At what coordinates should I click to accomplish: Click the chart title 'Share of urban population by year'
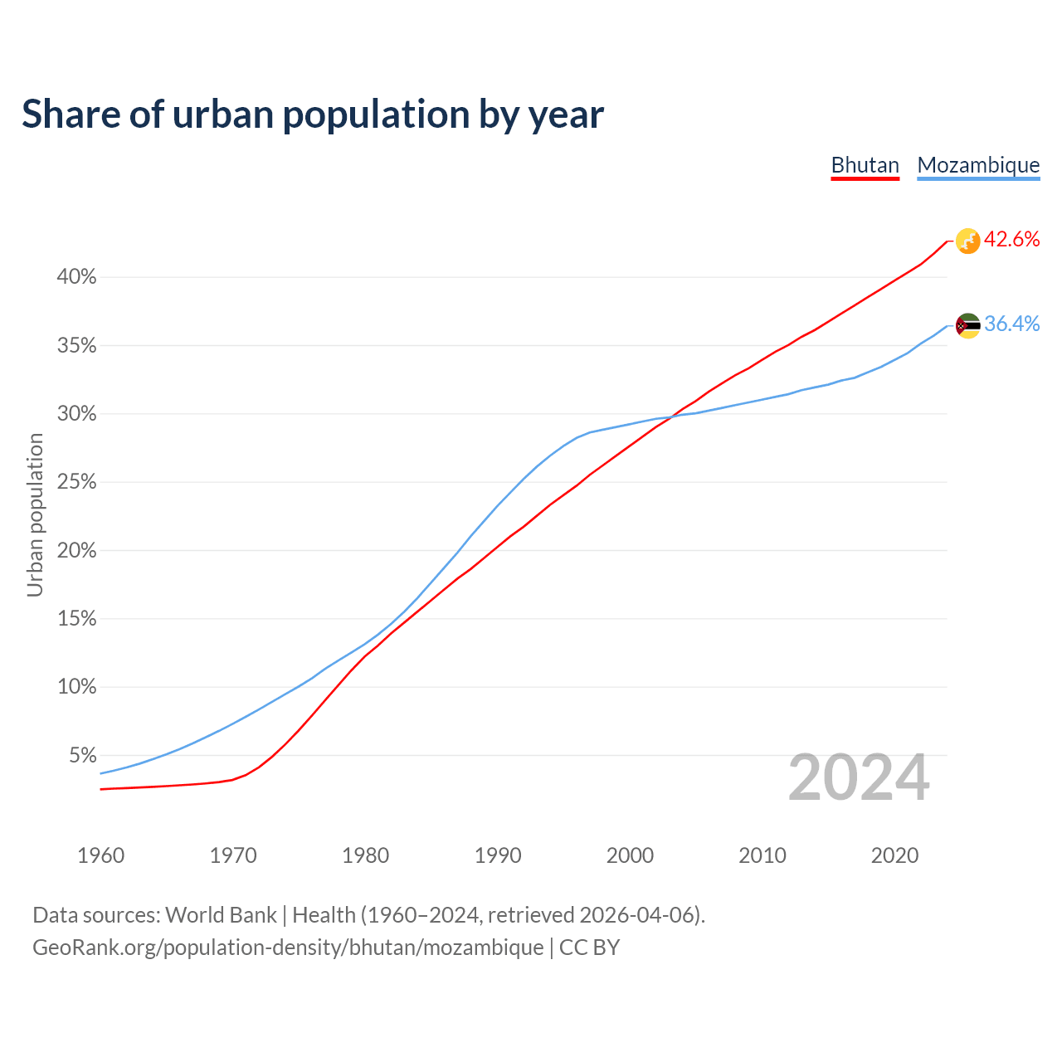coord(313,114)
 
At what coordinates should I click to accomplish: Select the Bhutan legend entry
coord(865,165)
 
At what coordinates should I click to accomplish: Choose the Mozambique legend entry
coord(978,165)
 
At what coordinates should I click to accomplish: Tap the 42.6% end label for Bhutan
coord(1011,240)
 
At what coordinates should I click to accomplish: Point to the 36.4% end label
coord(1011,324)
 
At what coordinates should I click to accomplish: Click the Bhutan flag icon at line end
coord(967,241)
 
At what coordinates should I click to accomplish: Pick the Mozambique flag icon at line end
coord(967,325)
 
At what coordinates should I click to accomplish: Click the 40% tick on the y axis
coord(76,277)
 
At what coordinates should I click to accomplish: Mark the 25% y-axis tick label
coord(76,482)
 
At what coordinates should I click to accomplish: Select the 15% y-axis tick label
coord(76,619)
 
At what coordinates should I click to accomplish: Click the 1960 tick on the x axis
coord(100,855)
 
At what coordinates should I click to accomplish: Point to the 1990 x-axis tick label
coord(498,855)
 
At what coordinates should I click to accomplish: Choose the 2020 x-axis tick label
coord(894,855)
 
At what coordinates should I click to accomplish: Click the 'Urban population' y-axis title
coord(35,514)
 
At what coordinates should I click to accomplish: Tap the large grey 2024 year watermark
coord(859,777)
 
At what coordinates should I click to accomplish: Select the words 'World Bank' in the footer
coord(221,915)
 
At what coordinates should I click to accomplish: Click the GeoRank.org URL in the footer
coord(288,948)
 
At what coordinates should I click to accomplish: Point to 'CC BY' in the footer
coord(589,948)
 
